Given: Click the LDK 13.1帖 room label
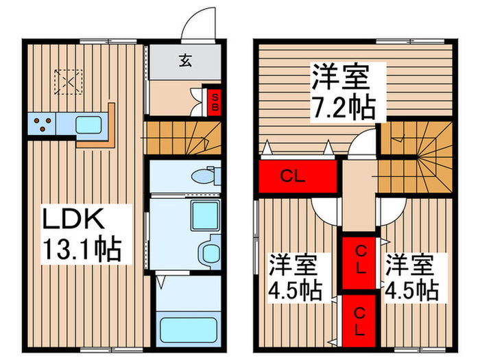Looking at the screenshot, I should point(82,235).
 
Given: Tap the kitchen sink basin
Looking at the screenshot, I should point(88,125).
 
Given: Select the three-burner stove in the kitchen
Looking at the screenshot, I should point(43,125).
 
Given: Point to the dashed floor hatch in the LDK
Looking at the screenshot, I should point(69,81).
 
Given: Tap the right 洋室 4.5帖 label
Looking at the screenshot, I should point(411,276).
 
